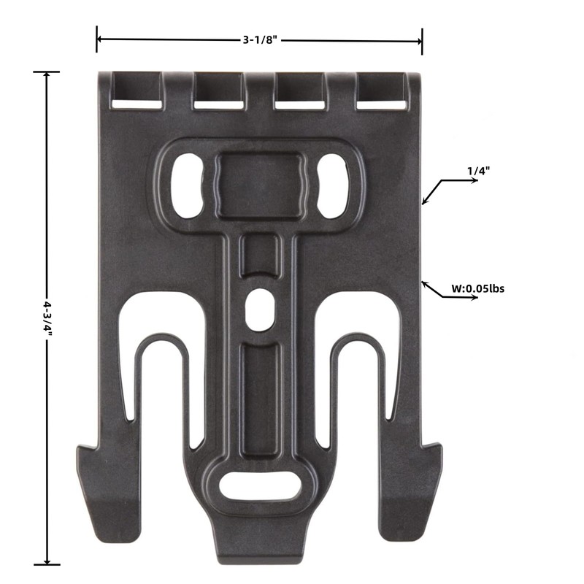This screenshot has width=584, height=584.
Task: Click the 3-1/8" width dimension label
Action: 259,40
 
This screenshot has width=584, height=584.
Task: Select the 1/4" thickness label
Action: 478,170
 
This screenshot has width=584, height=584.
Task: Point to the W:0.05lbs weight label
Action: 477,288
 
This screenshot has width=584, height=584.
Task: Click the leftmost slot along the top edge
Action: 137,93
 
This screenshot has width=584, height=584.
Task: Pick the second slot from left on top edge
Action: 218,93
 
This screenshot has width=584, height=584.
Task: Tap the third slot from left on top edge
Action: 299,93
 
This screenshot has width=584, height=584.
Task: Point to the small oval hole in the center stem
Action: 258,307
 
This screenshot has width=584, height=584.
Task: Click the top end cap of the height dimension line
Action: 47,72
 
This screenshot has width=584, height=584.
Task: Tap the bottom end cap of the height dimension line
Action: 47,564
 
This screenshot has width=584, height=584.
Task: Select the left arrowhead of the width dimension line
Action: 99,39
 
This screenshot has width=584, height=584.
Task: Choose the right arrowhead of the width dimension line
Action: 419,39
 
